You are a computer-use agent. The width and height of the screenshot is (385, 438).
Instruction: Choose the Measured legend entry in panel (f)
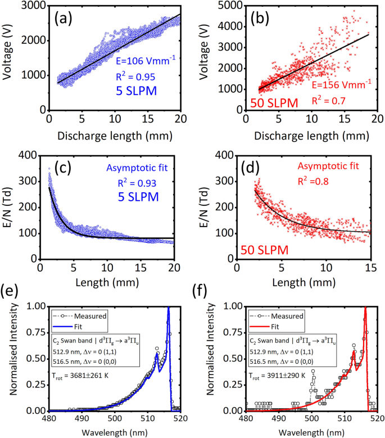[287, 317]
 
